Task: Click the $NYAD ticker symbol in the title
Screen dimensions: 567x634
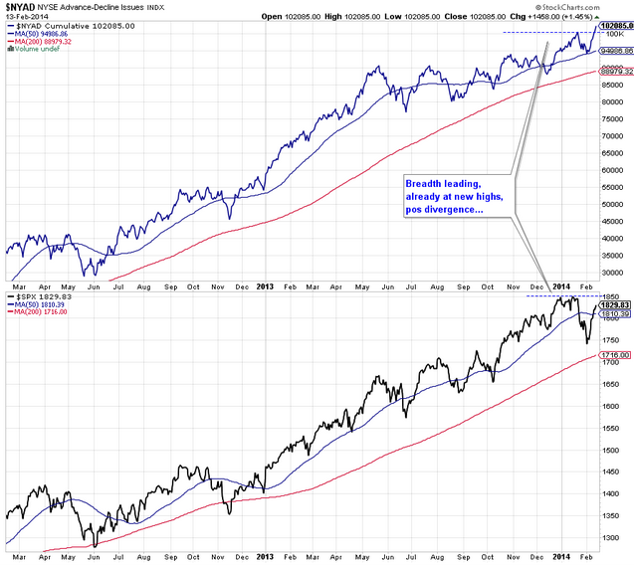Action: pos(22,8)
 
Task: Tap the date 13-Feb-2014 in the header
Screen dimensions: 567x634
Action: pos(25,19)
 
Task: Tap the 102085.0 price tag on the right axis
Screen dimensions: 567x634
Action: pos(616,26)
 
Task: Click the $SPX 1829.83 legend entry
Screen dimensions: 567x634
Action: pos(45,297)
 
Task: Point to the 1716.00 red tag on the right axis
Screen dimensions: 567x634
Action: pos(615,355)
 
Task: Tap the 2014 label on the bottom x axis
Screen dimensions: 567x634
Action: pos(561,558)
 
